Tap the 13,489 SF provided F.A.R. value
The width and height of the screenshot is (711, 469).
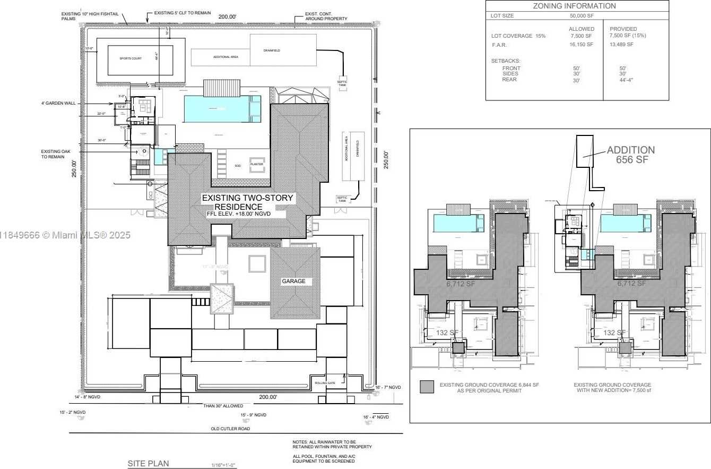click(x=621, y=45)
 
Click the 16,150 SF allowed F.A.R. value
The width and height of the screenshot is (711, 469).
click(x=581, y=45)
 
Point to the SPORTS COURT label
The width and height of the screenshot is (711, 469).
click(x=131, y=58)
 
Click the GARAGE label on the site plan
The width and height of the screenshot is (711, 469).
click(x=293, y=281)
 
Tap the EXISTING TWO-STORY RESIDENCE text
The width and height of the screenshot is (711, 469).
click(x=247, y=202)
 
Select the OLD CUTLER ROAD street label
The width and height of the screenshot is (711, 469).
click(x=230, y=428)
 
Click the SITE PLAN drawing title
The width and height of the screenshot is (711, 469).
click(x=148, y=464)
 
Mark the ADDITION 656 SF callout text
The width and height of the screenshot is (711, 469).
click(x=630, y=155)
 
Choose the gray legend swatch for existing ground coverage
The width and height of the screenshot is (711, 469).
click(x=427, y=387)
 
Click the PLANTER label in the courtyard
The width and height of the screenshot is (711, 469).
click(x=257, y=165)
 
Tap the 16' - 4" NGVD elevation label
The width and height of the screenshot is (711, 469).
click(x=376, y=417)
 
